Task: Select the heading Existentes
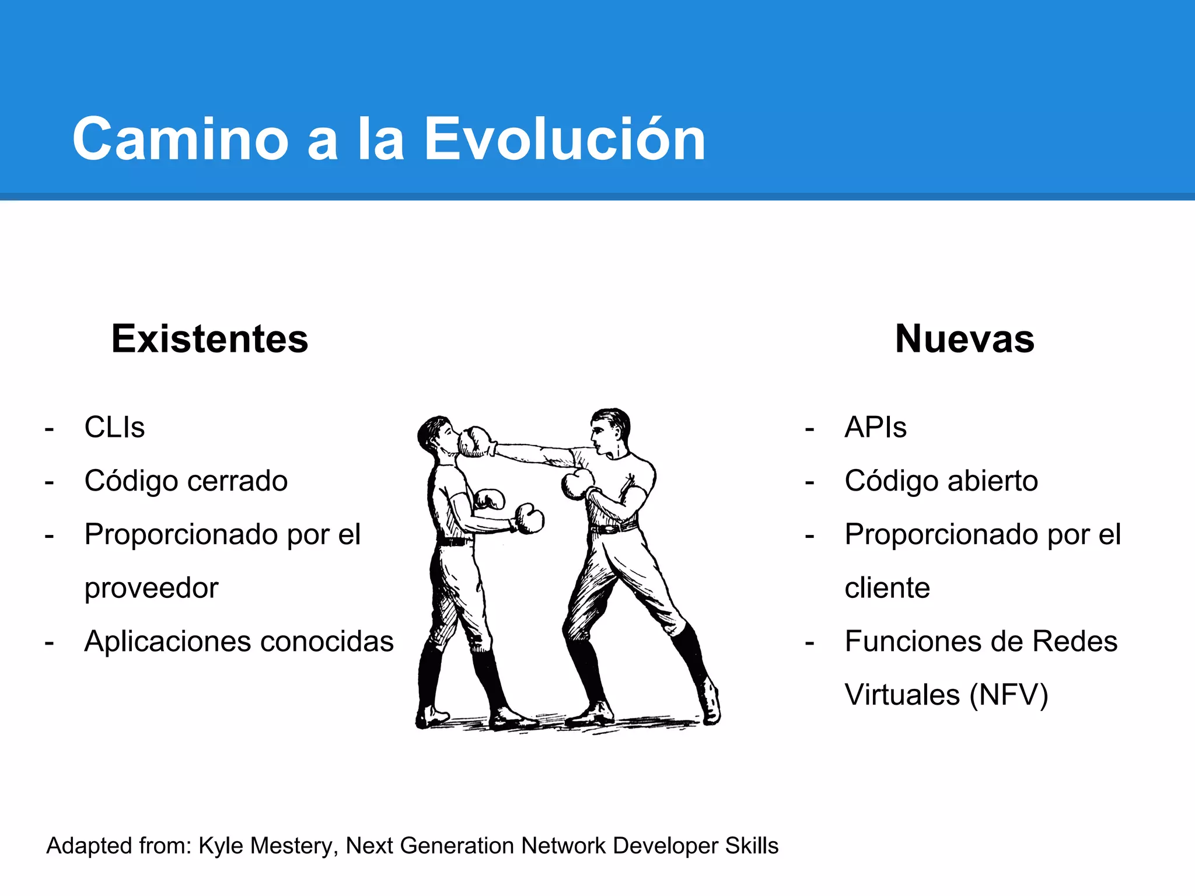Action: [209, 339]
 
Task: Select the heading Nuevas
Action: [965, 339]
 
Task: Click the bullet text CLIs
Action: [114, 427]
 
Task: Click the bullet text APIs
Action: [875, 427]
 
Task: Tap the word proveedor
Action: [151, 588]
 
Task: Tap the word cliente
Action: [887, 588]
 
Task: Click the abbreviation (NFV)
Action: [1008, 695]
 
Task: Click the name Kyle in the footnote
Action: [220, 846]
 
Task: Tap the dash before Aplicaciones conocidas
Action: [50, 643]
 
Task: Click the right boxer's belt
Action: [613, 528]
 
